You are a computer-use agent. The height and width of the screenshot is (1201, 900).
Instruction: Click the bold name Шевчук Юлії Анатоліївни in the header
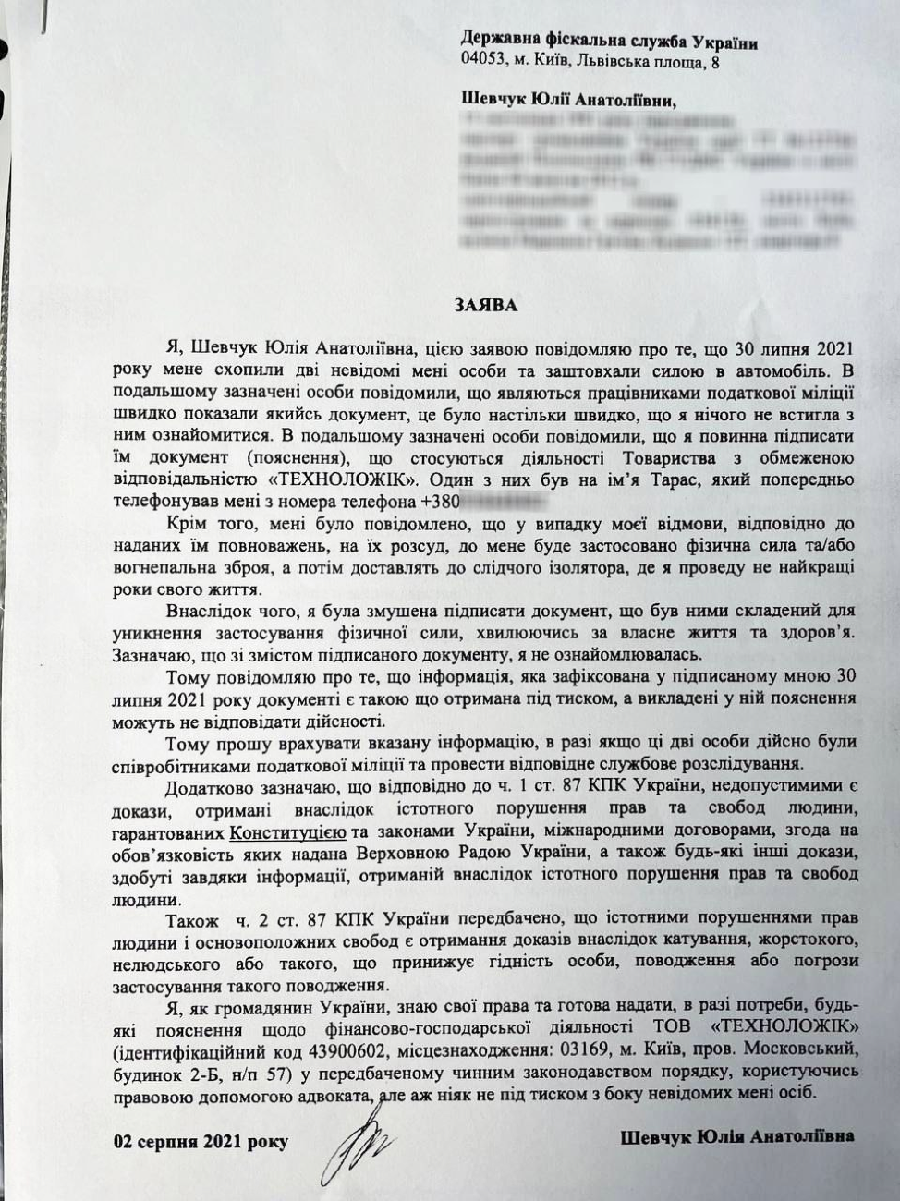[x=568, y=99]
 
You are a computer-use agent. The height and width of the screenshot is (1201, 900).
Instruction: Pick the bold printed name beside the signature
[x=736, y=1135]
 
